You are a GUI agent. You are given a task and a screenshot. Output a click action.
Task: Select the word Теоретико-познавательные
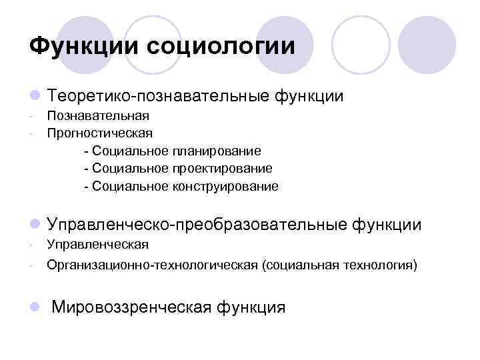click(x=157, y=97)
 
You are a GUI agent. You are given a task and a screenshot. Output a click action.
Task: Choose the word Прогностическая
click(x=99, y=133)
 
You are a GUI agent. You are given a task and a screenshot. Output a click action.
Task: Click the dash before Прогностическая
click(x=32, y=133)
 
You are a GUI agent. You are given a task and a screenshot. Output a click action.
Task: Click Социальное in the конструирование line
click(x=131, y=186)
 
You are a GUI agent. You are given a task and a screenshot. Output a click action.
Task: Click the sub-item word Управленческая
click(x=97, y=245)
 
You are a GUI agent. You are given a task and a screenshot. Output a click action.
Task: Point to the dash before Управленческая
click(x=32, y=245)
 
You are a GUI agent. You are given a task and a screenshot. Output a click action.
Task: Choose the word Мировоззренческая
click(x=131, y=307)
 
